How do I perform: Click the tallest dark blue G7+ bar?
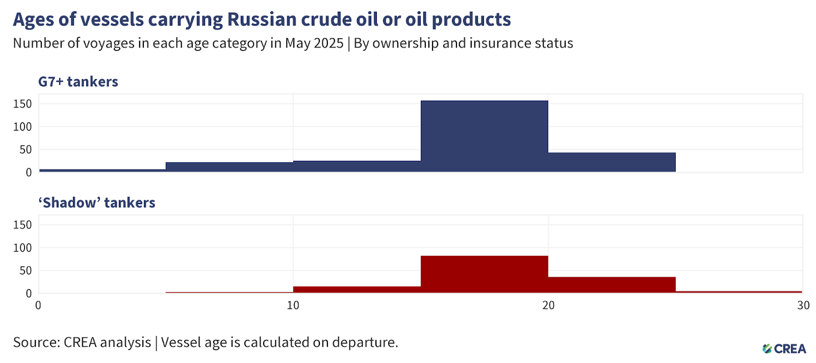click(x=484, y=136)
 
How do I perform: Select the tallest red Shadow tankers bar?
click(x=484, y=274)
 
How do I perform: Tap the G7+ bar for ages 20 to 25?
click(x=612, y=162)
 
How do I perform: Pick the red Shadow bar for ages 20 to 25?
click(x=612, y=284)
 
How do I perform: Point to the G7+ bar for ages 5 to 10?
click(x=229, y=167)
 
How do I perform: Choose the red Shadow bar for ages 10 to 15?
click(x=357, y=289)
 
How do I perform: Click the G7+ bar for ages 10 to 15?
click(x=357, y=166)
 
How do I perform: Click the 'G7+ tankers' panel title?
click(x=78, y=82)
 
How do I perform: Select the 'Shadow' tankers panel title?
click(x=97, y=203)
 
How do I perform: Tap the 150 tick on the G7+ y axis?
click(x=22, y=104)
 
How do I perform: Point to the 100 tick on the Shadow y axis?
click(x=22, y=248)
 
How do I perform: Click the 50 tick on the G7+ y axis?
click(x=25, y=150)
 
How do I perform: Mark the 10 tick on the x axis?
click(x=293, y=305)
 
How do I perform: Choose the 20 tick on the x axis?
click(x=548, y=305)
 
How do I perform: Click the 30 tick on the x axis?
click(x=803, y=305)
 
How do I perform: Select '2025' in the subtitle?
click(x=328, y=43)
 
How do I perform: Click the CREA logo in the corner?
click(x=783, y=349)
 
